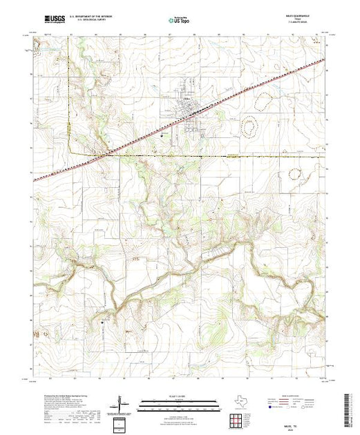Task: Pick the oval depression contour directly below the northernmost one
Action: click(x=248, y=128)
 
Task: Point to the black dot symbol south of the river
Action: click(x=103, y=320)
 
